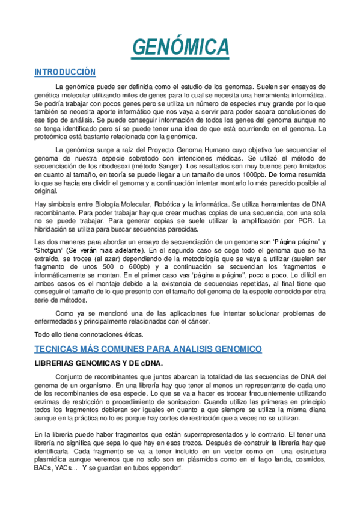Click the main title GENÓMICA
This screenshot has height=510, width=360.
[x=180, y=46]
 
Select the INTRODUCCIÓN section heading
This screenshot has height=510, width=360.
[x=65, y=72]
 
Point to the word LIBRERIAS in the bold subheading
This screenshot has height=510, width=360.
[x=59, y=363]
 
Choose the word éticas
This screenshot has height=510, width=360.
[x=130, y=334]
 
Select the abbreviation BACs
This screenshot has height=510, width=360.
[x=43, y=468]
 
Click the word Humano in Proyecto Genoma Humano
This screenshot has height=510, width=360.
[x=239, y=149]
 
